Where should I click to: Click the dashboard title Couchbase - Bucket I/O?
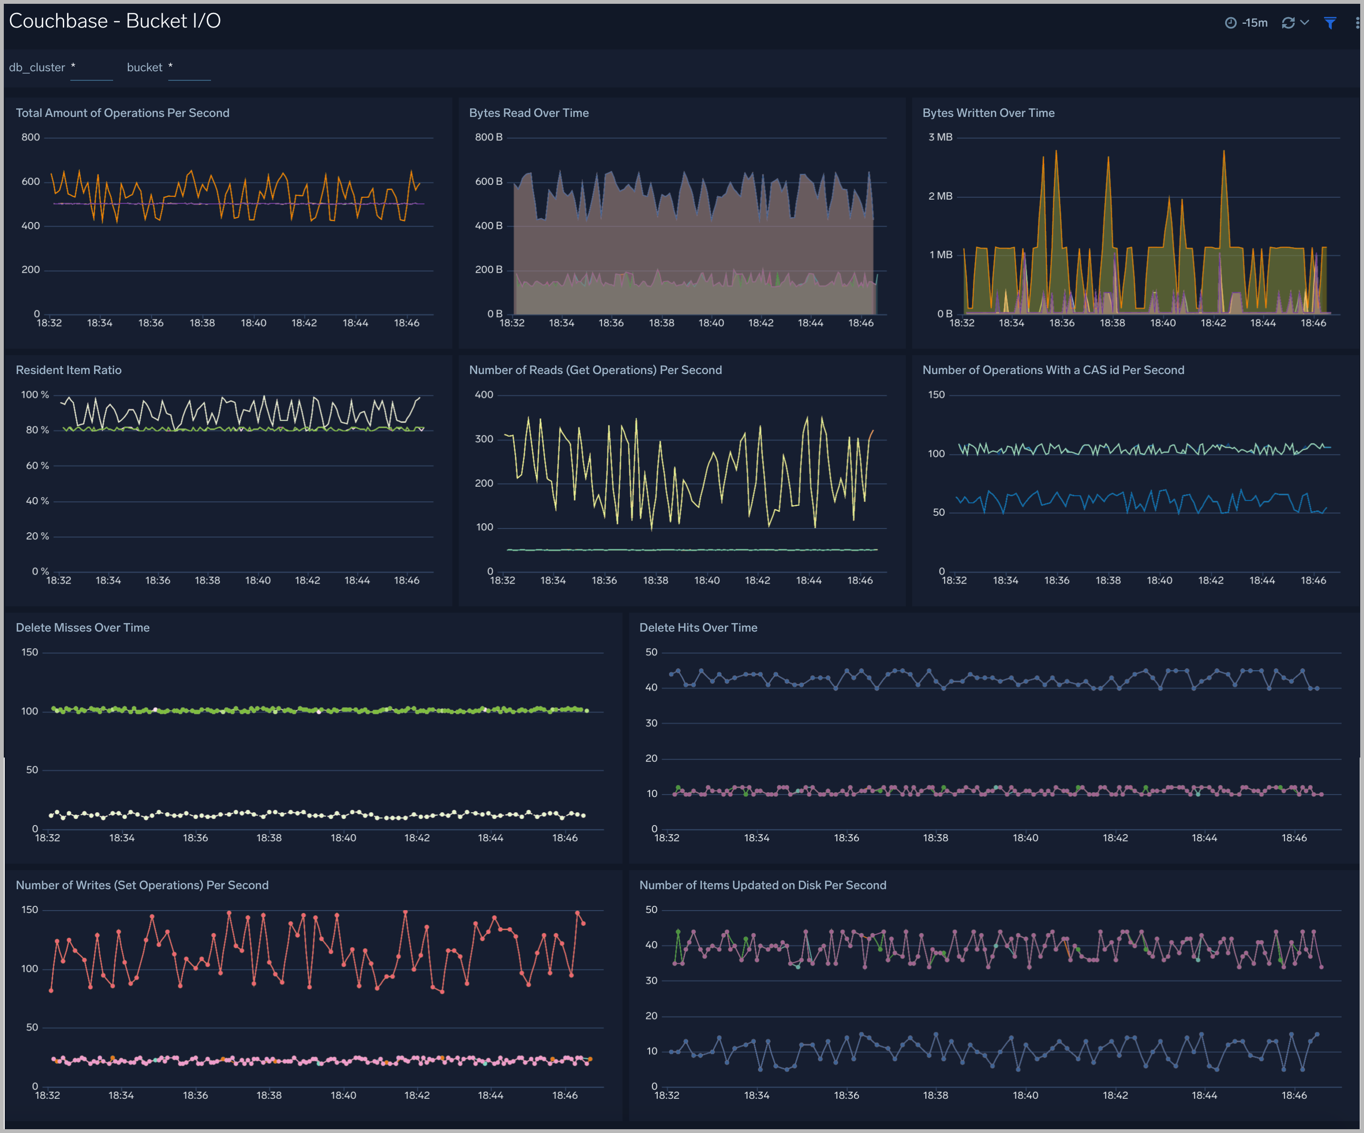tap(115, 21)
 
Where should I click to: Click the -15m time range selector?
tap(1247, 23)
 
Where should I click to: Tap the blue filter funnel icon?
tap(1330, 23)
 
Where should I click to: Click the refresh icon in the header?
tap(1288, 23)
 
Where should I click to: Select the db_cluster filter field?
tap(91, 68)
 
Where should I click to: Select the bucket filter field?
tap(189, 68)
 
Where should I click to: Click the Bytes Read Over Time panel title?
tap(528, 113)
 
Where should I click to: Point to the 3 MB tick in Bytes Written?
tap(940, 137)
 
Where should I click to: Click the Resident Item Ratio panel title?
tap(68, 370)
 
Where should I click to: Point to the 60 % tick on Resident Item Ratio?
tap(37, 466)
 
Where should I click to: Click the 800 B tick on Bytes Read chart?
tap(489, 137)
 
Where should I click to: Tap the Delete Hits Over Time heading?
tap(698, 627)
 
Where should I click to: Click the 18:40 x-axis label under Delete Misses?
tap(343, 838)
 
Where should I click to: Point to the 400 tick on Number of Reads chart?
tap(484, 395)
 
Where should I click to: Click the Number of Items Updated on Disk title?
tap(762, 885)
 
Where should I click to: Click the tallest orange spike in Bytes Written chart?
tap(1056, 152)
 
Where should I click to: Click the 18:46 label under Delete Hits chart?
tap(1294, 838)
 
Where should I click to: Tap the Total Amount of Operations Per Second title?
tap(122, 113)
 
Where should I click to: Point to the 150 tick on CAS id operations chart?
tap(936, 395)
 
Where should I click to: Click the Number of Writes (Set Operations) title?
tap(142, 885)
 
